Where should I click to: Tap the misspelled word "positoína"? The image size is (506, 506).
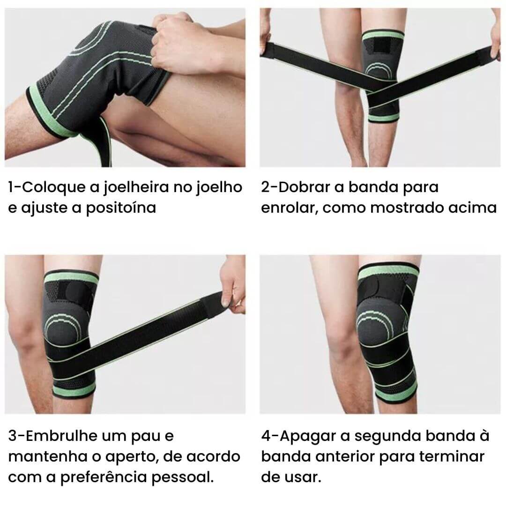pos(121,208)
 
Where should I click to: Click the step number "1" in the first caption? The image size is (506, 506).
pos(11,187)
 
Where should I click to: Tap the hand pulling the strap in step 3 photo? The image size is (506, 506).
pos(233,283)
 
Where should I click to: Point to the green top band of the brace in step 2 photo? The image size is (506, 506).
pos(383,35)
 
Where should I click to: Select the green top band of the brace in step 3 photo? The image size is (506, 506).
pos(71,277)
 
